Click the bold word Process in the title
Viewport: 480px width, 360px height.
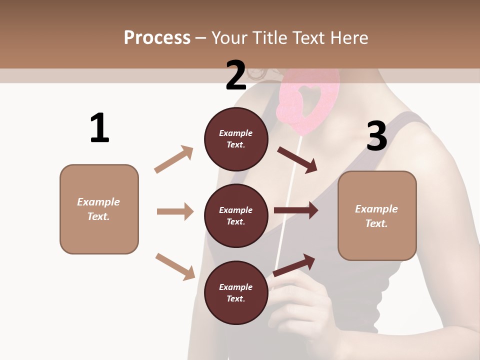157,37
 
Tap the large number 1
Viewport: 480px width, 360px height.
99,128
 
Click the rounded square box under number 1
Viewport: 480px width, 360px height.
99,209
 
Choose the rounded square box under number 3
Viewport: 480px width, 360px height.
377,215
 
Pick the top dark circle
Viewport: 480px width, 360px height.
236,139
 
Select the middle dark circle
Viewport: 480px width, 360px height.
236,215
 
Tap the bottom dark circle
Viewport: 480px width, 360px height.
236,292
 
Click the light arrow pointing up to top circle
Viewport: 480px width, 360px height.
174,159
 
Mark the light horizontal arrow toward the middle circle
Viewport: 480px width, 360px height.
175,211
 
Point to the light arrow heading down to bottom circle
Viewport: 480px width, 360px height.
175,266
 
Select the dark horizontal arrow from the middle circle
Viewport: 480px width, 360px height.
296,210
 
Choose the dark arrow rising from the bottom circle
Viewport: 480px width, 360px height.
294,265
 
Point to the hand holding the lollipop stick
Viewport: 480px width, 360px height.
300,305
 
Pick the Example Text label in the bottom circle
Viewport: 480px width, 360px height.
236,293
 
